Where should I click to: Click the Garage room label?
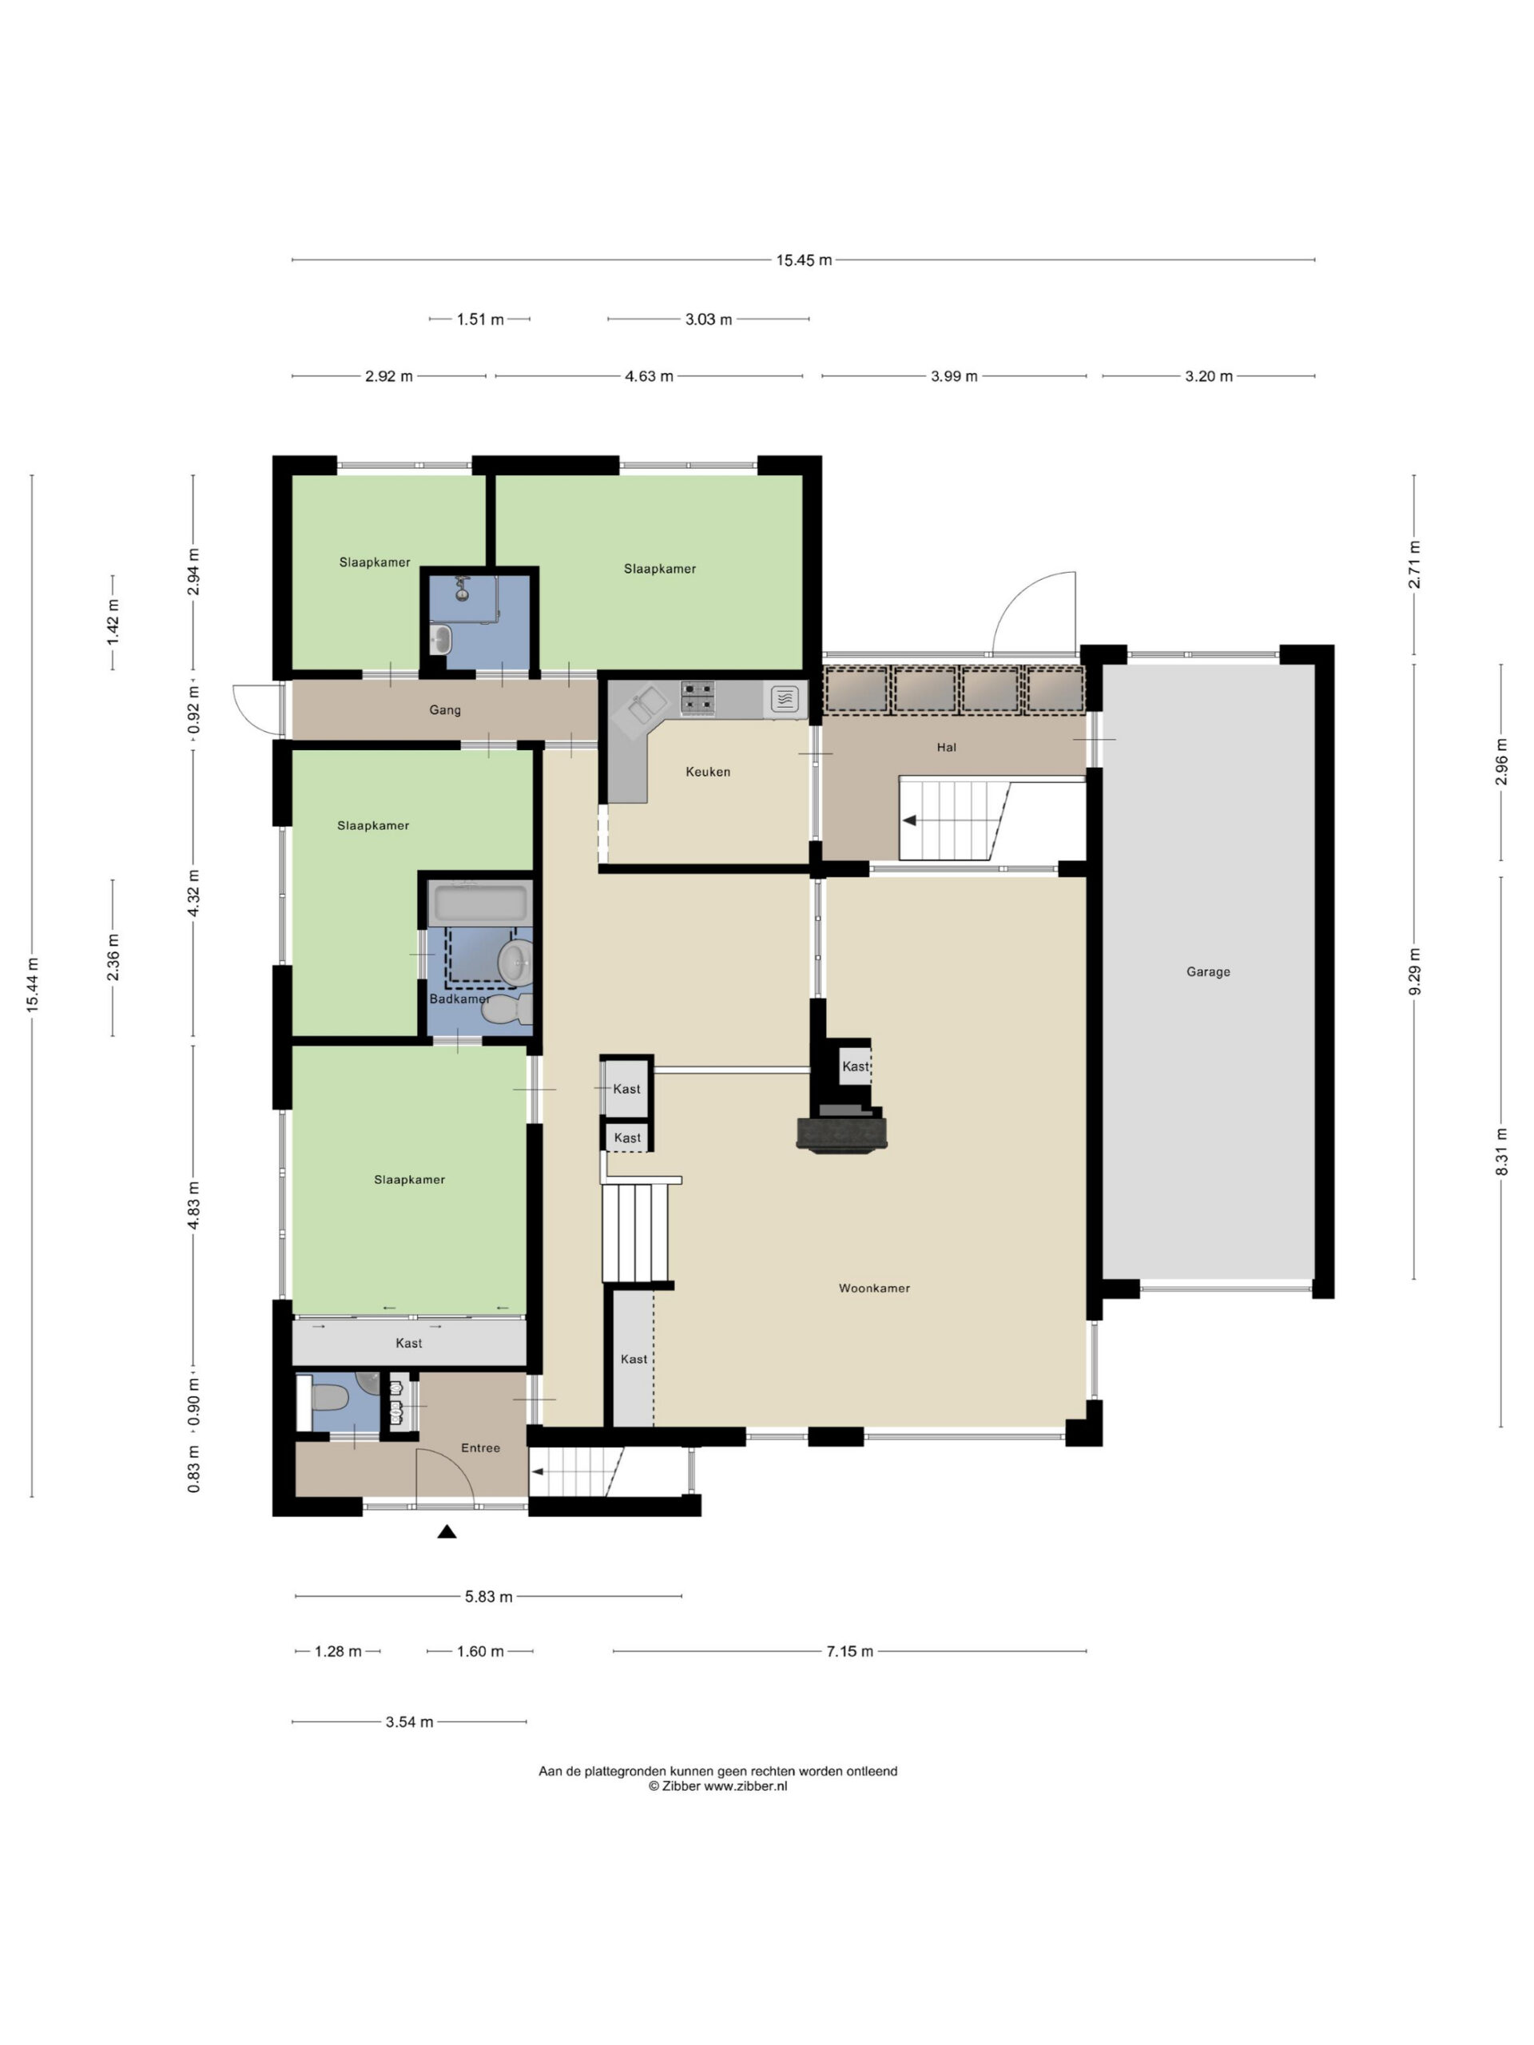pyautogui.click(x=1207, y=971)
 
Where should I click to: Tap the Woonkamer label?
pyautogui.click(x=874, y=1288)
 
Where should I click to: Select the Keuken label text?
pyautogui.click(x=707, y=772)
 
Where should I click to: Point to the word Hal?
pyautogui.click(x=946, y=747)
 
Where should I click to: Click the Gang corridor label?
pyautogui.click(x=445, y=710)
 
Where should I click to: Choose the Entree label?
pyautogui.click(x=480, y=1447)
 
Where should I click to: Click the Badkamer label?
pyautogui.click(x=459, y=999)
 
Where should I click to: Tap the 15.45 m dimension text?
pyautogui.click(x=804, y=260)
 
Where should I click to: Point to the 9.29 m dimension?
pyautogui.click(x=1414, y=971)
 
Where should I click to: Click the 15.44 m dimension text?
pyautogui.click(x=33, y=986)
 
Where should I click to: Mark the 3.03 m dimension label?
pyautogui.click(x=709, y=320)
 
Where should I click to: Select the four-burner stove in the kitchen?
pyautogui.click(x=698, y=699)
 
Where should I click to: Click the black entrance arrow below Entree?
pyautogui.click(x=447, y=1532)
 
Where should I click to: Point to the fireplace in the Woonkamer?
pyautogui.click(x=841, y=1134)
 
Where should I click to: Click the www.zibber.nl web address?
pyautogui.click(x=745, y=1786)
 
